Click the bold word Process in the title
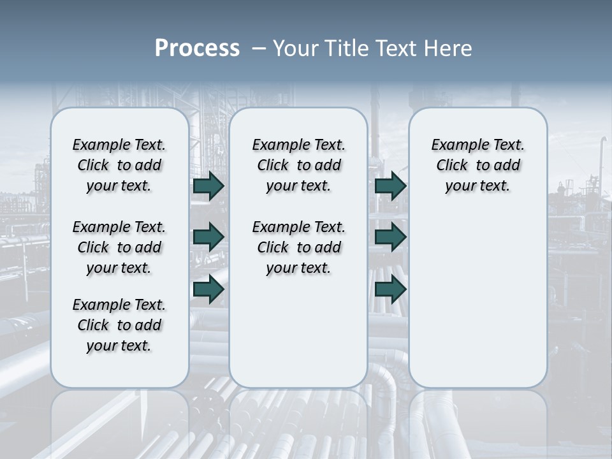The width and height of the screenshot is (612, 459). coord(197,48)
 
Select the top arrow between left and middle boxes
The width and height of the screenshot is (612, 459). coord(208,186)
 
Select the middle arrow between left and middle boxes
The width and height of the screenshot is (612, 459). coord(208,237)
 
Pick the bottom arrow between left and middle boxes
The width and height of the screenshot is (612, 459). coord(208,289)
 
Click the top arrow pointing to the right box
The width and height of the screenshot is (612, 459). coord(390,186)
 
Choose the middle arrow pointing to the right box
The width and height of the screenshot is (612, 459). coord(390,237)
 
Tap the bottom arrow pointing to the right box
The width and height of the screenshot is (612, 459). coord(390,289)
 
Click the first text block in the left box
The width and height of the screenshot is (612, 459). coord(119,165)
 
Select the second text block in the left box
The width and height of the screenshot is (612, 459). coord(119,247)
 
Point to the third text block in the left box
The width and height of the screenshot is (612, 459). coord(119,325)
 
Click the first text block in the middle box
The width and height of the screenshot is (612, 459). coord(298,165)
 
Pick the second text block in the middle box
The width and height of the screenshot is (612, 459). coord(298,247)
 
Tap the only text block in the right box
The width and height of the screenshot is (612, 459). coord(477,165)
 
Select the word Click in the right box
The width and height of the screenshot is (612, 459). coord(452,166)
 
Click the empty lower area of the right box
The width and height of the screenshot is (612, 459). coord(477,306)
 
